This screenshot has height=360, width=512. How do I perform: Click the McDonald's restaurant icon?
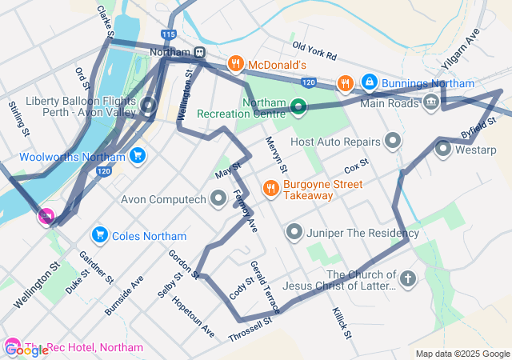(235, 64)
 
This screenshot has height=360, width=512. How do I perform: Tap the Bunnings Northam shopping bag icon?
(369, 82)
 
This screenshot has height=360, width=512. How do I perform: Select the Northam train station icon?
(198, 53)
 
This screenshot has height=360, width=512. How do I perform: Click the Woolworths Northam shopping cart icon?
(138, 155)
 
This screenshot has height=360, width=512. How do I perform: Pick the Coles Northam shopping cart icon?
(100, 235)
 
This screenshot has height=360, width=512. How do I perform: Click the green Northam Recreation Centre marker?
(298, 106)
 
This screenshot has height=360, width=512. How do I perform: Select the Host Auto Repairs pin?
(392, 142)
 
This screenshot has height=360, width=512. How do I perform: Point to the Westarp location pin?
(443, 149)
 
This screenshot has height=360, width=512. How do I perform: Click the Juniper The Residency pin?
(294, 233)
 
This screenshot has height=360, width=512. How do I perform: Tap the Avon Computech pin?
(218, 198)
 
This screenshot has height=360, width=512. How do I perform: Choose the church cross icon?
(408, 279)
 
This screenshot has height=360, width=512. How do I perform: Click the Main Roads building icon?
(431, 102)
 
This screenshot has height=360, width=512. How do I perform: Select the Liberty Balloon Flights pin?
(148, 105)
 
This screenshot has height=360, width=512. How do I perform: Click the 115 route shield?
(168, 35)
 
